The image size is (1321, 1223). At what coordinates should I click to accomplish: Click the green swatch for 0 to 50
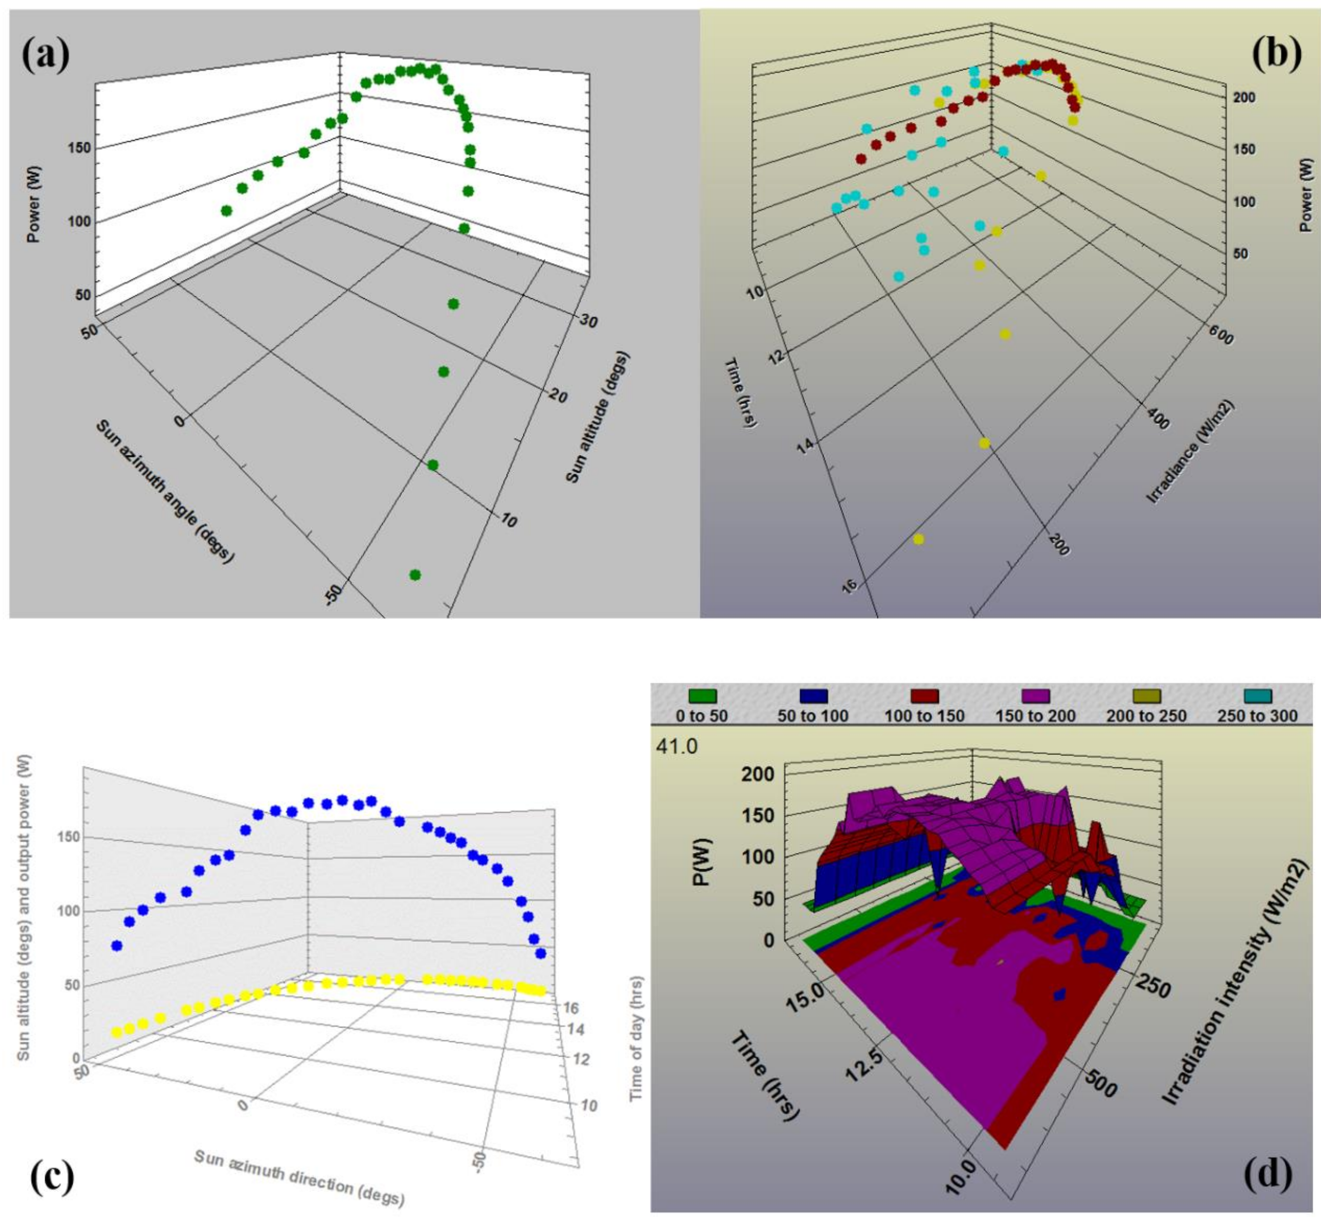tap(702, 696)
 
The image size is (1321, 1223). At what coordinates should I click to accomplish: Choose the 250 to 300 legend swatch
tap(1257, 696)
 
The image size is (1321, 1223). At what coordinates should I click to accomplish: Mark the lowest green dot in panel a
tap(415, 574)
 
